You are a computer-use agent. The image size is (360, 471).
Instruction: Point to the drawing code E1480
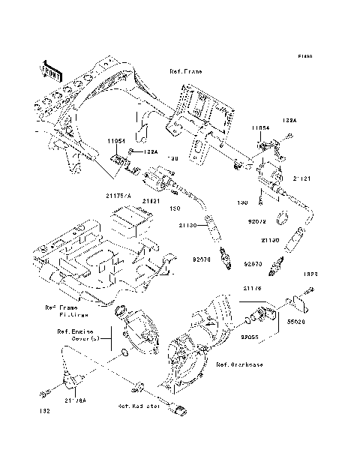304,56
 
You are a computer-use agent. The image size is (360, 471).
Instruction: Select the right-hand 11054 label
259,128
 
